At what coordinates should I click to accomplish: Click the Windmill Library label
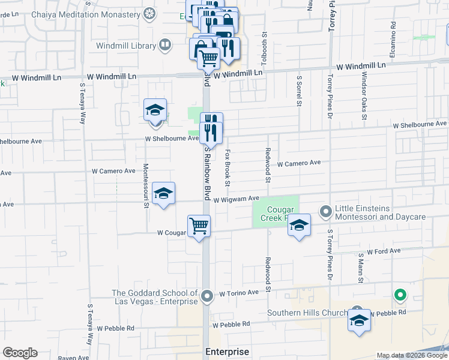[127, 45]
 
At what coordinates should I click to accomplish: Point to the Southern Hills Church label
[307, 313]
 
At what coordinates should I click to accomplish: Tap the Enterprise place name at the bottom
[227, 352]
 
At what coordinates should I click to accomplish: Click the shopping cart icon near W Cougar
[199, 226]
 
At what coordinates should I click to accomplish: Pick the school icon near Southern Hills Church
[359, 322]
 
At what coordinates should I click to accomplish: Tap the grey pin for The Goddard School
[207, 296]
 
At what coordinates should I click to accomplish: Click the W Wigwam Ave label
[235, 199]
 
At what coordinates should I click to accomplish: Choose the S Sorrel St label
[298, 91]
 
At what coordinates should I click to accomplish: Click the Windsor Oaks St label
[364, 95]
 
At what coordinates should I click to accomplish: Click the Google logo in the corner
[20, 353]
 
